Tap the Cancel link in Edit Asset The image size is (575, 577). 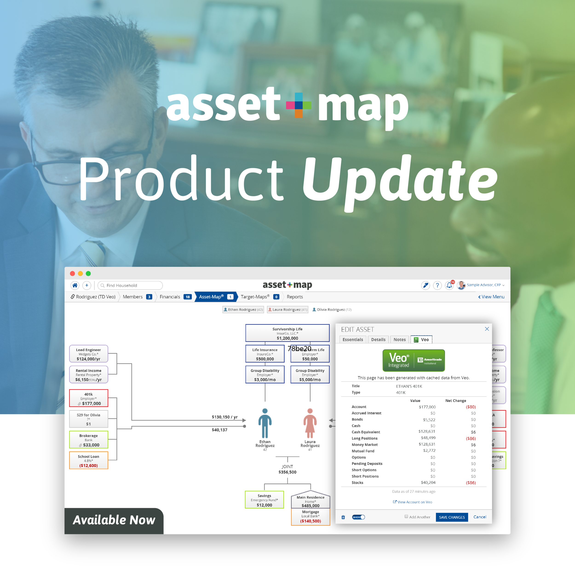[x=479, y=517]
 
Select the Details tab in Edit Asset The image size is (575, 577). [x=378, y=340]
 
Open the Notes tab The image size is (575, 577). [x=399, y=340]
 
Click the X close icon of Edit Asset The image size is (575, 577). [x=486, y=329]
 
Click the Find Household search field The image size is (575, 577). [x=131, y=285]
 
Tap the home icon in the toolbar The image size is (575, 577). [x=75, y=285]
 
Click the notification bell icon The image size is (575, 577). [x=449, y=285]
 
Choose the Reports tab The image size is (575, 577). [x=295, y=297]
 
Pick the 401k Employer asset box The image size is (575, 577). [x=89, y=398]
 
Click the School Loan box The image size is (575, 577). [x=89, y=460]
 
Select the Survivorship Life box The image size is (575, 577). [x=287, y=333]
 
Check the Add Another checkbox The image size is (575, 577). [x=406, y=516]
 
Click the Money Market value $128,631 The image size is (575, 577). [x=427, y=444]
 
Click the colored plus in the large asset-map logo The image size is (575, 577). [x=299, y=105]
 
